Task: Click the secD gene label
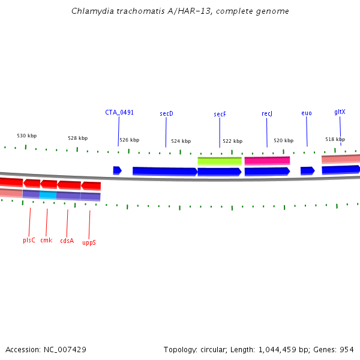[166, 113]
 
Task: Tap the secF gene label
[220, 114]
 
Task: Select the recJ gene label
[267, 113]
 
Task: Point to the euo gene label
[307, 113]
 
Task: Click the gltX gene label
[340, 112]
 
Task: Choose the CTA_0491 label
[119, 112]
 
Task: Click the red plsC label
[29, 240]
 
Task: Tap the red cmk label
[46, 240]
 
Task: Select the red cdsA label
[67, 241]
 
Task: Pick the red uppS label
[89, 242]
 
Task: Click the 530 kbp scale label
[26, 136]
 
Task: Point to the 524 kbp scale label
[181, 142]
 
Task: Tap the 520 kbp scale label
[284, 140]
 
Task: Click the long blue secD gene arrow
[164, 171]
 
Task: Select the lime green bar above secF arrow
[220, 161]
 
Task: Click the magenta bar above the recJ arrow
[267, 160]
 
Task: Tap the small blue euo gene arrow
[307, 171]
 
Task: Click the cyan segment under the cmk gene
[48, 195]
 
